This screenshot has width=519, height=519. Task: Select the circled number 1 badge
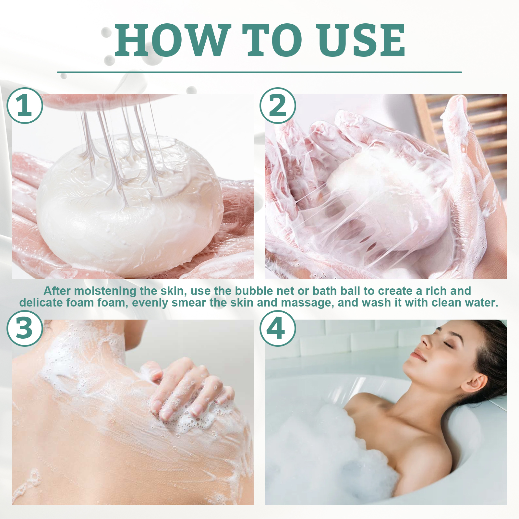tap(25, 105)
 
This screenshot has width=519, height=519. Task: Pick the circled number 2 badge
tap(278, 105)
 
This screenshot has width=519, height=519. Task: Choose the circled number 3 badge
tap(25, 328)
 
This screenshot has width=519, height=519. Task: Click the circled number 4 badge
tap(278, 328)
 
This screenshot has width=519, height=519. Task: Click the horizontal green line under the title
tap(259, 72)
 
